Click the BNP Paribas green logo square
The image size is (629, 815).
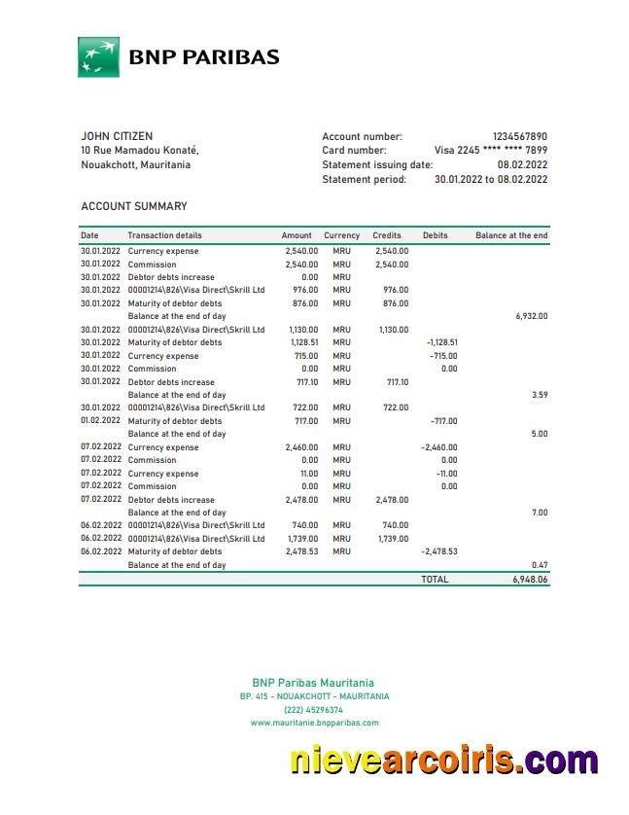point(98,56)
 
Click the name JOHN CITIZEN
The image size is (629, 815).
point(117,136)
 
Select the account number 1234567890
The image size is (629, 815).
point(519,136)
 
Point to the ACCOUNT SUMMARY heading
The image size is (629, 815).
point(134,206)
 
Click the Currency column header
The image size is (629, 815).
point(341,235)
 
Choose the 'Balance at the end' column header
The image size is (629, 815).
point(511,235)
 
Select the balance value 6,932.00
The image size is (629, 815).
point(531,316)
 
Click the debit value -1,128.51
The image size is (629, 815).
point(441,342)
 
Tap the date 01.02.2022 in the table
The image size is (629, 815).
point(100,421)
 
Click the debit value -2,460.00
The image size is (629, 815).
point(438,447)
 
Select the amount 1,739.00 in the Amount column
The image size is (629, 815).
point(301,539)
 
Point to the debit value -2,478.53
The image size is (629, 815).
point(438,551)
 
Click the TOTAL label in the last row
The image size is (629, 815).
point(435,579)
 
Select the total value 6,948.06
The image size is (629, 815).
point(530,579)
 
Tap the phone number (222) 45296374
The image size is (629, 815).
point(313,710)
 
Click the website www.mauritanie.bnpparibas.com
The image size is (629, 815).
point(314,723)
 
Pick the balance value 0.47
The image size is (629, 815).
point(540,565)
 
